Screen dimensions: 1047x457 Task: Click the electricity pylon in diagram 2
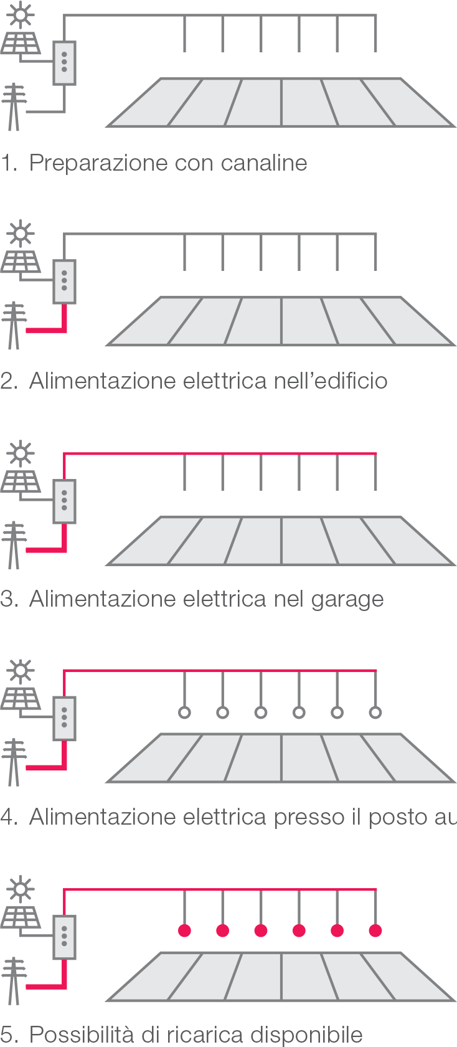point(14,325)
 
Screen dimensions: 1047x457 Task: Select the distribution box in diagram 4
point(64,718)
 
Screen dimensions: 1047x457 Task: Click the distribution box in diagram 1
point(64,63)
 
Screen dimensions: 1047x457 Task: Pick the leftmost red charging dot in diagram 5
point(184,931)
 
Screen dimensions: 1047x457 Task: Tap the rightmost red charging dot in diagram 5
point(375,931)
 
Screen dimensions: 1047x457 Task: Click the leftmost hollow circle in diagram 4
point(184,713)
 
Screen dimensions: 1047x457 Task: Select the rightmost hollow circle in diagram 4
point(375,713)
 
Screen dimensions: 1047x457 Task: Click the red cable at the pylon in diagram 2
point(50,329)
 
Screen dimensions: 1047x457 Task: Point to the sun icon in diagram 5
point(21,889)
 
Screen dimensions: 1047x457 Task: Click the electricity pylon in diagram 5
point(14,980)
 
